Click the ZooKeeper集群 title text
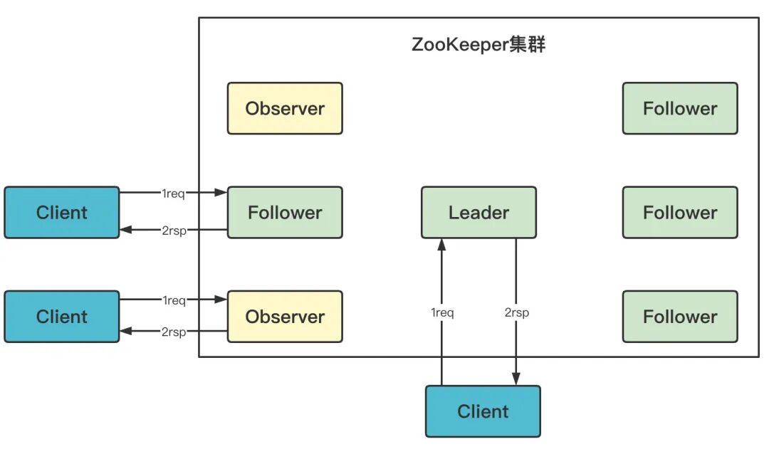tap(478, 45)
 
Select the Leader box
tap(478, 212)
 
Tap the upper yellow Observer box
tap(285, 108)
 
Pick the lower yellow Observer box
tap(285, 317)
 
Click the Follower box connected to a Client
tap(285, 212)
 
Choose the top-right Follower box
tap(680, 108)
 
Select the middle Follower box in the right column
tap(680, 212)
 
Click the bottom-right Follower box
tap(680, 317)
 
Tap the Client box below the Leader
tap(483, 411)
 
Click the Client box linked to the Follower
tap(62, 212)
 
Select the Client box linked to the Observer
tap(62, 317)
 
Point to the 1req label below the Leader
tap(442, 312)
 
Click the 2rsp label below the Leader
tap(516, 312)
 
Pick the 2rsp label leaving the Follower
tap(174, 231)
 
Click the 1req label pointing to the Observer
tap(174, 300)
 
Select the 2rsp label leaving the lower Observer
tap(174, 332)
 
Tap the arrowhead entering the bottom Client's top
tap(516, 380)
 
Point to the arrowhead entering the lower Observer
tap(221, 300)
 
